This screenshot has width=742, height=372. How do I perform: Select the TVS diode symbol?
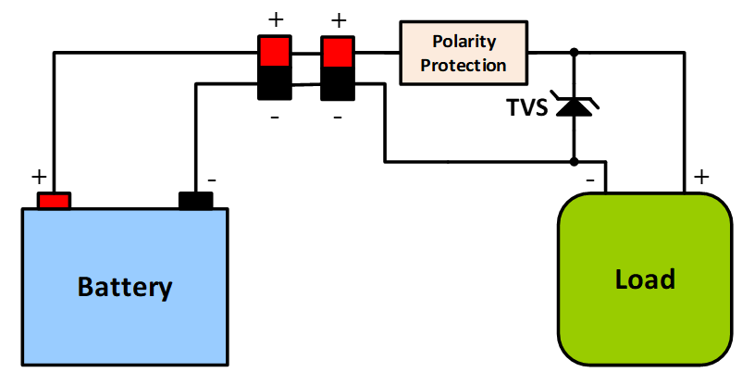tap(575, 106)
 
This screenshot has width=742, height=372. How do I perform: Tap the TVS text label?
tap(527, 107)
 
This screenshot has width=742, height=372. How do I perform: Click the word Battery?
tap(125, 287)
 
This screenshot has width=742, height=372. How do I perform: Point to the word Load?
tap(645, 279)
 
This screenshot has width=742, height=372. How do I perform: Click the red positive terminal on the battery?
tap(54, 200)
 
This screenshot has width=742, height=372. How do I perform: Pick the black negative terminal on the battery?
tap(195, 200)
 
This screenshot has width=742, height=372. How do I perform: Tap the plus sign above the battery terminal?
tap(38, 176)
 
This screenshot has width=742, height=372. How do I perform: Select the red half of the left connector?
tap(274, 51)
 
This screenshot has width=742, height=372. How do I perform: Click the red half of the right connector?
tap(337, 51)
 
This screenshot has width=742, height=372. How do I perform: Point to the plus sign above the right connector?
tap(338, 19)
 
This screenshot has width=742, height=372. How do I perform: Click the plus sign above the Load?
tap(701, 176)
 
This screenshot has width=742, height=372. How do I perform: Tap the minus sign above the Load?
tap(589, 178)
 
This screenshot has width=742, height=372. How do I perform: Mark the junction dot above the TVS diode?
tap(575, 53)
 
